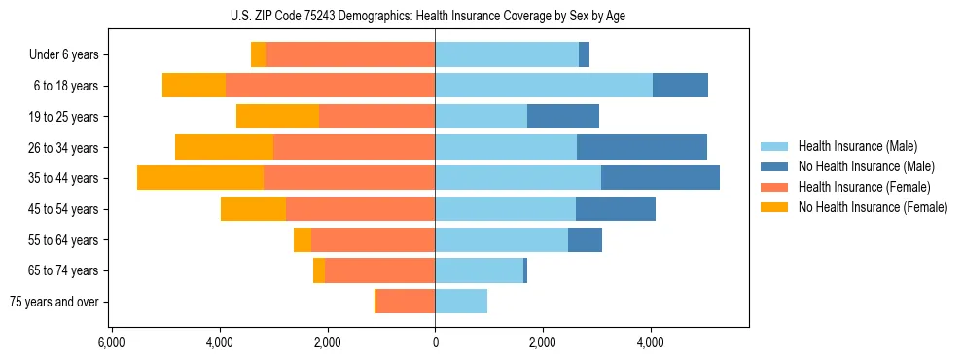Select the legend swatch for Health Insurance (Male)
pyautogui.click(x=773, y=146)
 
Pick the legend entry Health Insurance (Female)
pyautogui.click(x=850, y=187)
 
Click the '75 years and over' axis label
pyautogui.click(x=54, y=302)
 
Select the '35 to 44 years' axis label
pyautogui.click(x=64, y=178)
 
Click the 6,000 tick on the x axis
pyautogui.click(x=112, y=342)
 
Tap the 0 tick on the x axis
pyautogui.click(x=435, y=342)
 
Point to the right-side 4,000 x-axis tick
pyautogui.click(x=650, y=342)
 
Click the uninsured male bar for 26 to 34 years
pyautogui.click(x=642, y=147)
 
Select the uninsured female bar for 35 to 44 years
pyautogui.click(x=200, y=178)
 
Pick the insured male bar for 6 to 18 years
pyautogui.click(x=544, y=86)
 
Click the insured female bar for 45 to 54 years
pyautogui.click(x=360, y=209)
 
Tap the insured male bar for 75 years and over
pyautogui.click(x=461, y=302)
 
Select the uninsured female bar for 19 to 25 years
pyautogui.click(x=277, y=117)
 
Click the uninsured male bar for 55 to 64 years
pyautogui.click(x=585, y=239)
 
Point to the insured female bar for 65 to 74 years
pyautogui.click(x=379, y=270)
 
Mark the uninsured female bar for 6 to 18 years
pyautogui.click(x=194, y=86)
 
